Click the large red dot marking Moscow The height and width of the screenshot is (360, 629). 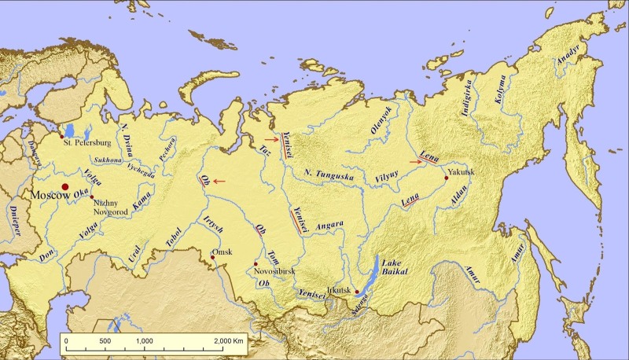click(77, 187)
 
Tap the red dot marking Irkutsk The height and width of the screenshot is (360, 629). click(357, 292)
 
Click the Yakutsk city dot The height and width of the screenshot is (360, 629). click(446, 178)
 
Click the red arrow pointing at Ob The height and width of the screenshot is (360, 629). click(219, 182)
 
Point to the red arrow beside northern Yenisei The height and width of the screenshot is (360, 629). click(270, 139)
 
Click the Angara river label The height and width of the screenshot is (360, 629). click(329, 226)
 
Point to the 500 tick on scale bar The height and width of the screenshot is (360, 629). click(105, 340)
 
